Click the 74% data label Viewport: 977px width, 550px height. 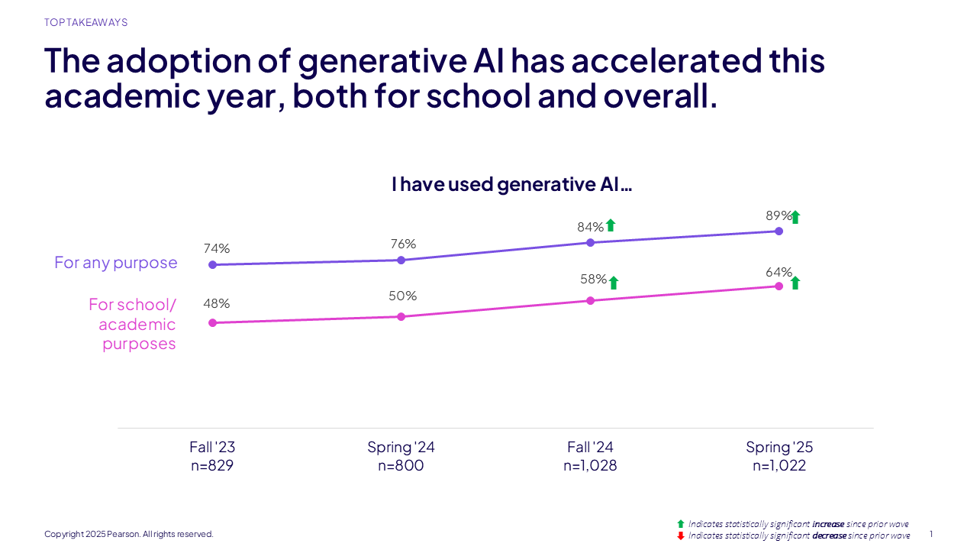tap(216, 248)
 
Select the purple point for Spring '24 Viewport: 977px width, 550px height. tap(401, 260)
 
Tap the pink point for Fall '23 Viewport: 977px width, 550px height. tap(212, 322)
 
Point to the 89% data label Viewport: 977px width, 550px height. tap(779, 215)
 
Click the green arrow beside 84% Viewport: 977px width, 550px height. tap(610, 225)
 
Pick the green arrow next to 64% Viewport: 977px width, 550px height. tap(795, 283)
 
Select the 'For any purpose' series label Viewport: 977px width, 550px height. tap(116, 263)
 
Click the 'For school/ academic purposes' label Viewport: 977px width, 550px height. tap(133, 324)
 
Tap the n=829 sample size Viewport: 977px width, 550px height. tap(212, 465)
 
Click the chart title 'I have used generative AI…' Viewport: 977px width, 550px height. tap(512, 184)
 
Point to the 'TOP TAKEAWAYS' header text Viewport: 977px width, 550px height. tap(85, 23)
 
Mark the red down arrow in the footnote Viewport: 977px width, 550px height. tap(681, 535)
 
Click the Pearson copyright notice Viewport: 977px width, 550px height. tap(129, 534)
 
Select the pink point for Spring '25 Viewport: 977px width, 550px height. tap(779, 286)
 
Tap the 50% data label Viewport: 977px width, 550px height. tap(402, 296)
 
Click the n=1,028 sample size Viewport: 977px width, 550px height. tap(590, 465)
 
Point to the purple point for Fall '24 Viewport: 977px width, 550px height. tap(590, 242)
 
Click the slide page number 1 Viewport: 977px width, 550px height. tap(931, 534)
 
